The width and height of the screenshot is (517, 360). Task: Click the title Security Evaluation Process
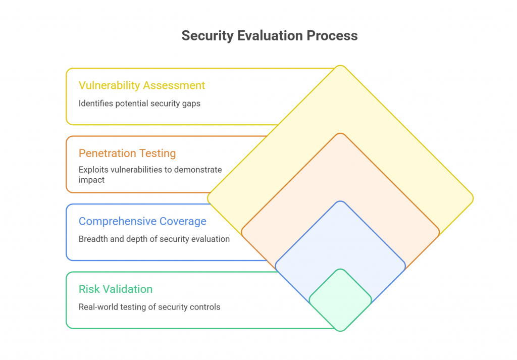point(270,36)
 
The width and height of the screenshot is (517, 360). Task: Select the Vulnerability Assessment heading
point(142,85)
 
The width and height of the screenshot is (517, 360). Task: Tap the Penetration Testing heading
point(127,153)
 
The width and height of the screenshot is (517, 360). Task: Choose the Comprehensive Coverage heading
point(142,221)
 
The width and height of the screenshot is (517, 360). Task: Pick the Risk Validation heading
point(116,289)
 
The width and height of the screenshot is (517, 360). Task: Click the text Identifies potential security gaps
point(139,104)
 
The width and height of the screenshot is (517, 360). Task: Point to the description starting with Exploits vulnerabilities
point(150,175)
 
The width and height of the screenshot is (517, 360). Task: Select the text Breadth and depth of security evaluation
point(154,239)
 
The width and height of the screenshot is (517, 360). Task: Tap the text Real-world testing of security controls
point(149,307)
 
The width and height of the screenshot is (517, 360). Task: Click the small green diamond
point(340,300)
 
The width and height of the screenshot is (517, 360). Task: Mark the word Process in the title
point(336,36)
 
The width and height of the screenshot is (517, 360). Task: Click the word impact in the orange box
point(91,180)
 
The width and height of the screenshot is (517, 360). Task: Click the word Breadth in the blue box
point(92,239)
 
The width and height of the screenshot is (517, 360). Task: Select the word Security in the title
point(204,36)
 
